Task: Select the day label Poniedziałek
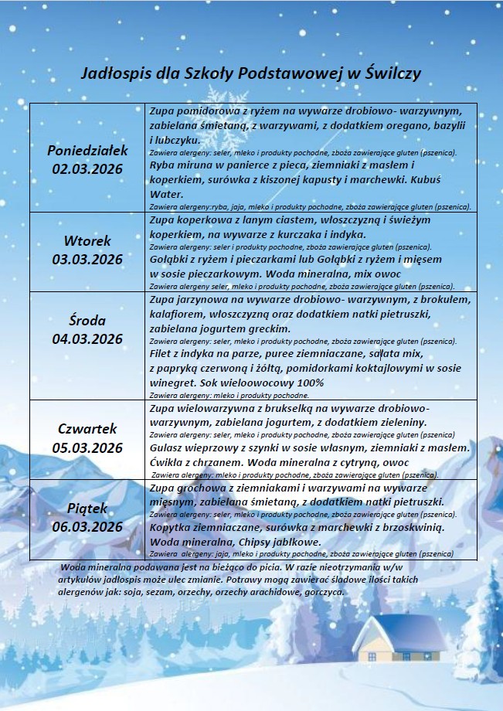[87, 150]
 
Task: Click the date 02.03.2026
[87, 168]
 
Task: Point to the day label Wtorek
[87, 240]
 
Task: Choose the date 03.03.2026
[87, 259]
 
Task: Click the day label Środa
[87, 320]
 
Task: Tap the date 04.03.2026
[87, 338]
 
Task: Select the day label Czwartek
[87, 428]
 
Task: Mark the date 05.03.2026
[87, 447]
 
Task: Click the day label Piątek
[87, 509]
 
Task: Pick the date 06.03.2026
[87, 527]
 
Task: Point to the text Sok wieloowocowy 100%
[246, 383]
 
